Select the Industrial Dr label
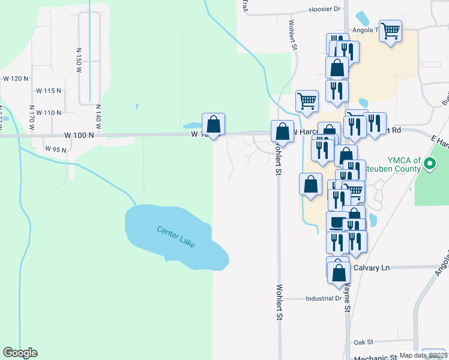[x=323, y=298]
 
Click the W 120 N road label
[x=16, y=79]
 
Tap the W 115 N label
[x=49, y=91]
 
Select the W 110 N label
[x=49, y=113]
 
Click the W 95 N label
[x=55, y=149]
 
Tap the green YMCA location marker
[x=430, y=163]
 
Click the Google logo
[x=20, y=353]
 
